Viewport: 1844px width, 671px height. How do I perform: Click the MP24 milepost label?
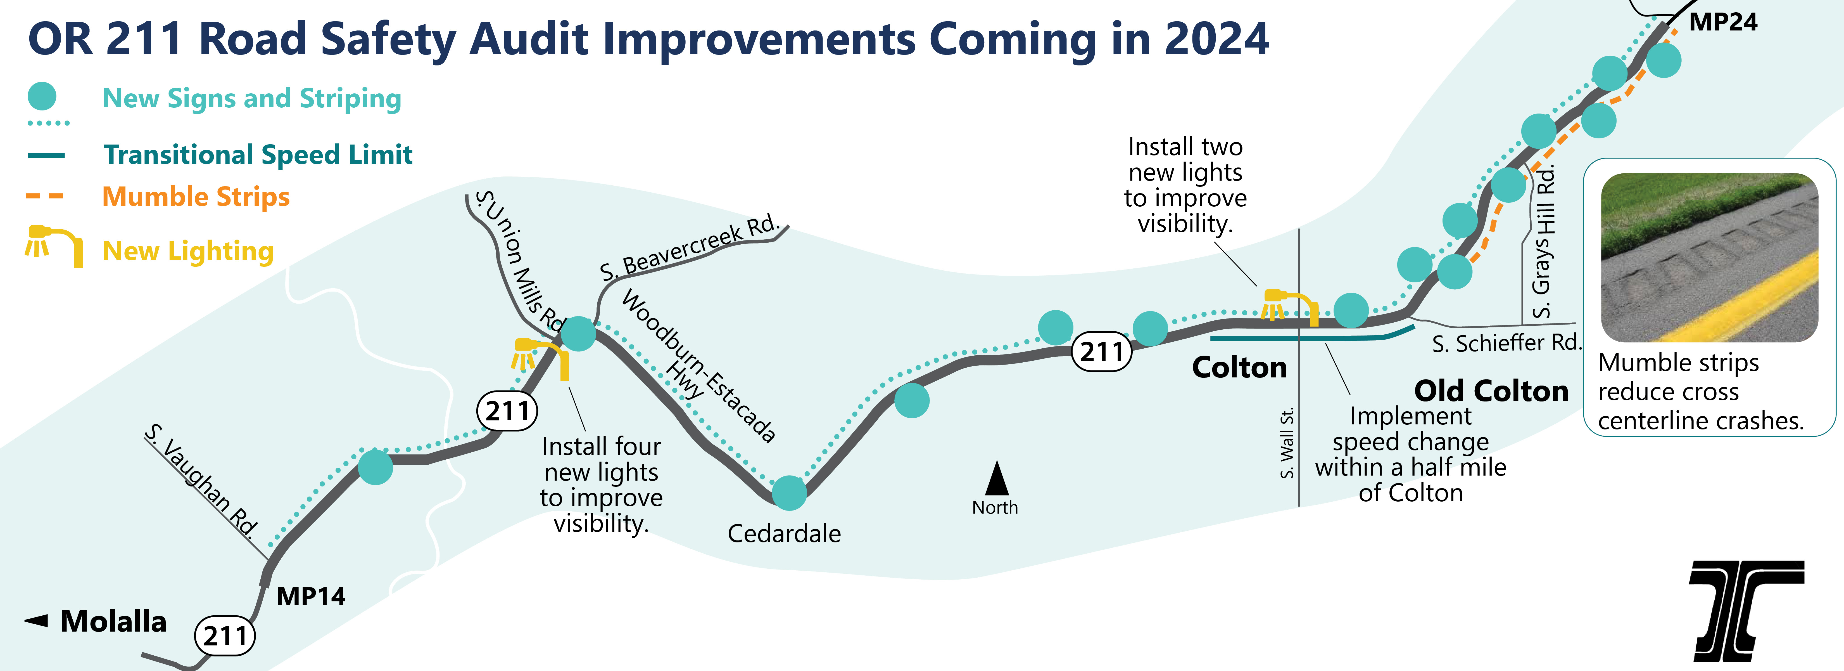click(x=1722, y=22)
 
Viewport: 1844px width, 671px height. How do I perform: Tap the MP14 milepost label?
click(x=311, y=596)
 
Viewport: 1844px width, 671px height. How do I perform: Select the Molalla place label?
click(x=113, y=622)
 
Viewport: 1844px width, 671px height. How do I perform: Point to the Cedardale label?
click(x=784, y=533)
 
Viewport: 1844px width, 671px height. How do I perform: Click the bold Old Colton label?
click(x=1491, y=391)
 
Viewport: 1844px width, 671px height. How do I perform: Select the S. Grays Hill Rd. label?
click(x=1544, y=241)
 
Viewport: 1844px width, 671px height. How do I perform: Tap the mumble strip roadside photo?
click(x=1709, y=258)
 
